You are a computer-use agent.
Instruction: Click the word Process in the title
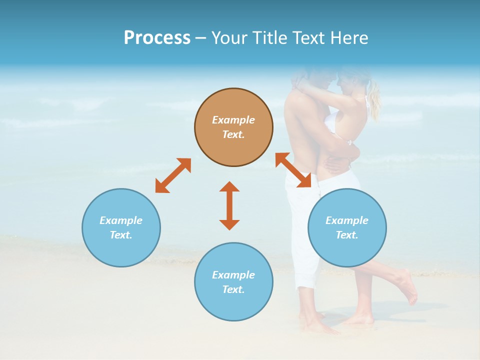157,38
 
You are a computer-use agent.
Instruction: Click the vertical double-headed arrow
229,205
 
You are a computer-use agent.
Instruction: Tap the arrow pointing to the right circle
293,170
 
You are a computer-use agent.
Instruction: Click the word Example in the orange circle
233,120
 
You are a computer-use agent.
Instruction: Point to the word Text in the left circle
121,235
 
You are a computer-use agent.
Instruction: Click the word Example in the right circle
347,220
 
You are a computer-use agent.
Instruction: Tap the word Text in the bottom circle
233,289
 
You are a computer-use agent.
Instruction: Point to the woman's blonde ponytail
373,100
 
